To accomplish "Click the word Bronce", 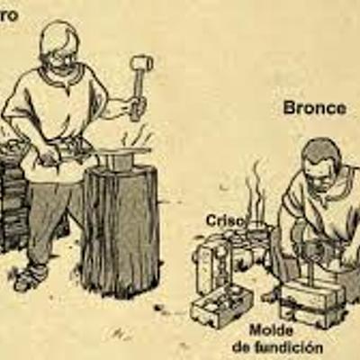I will pyautogui.click(x=314, y=108).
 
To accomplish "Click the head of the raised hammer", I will pyautogui.click(x=142, y=65).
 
